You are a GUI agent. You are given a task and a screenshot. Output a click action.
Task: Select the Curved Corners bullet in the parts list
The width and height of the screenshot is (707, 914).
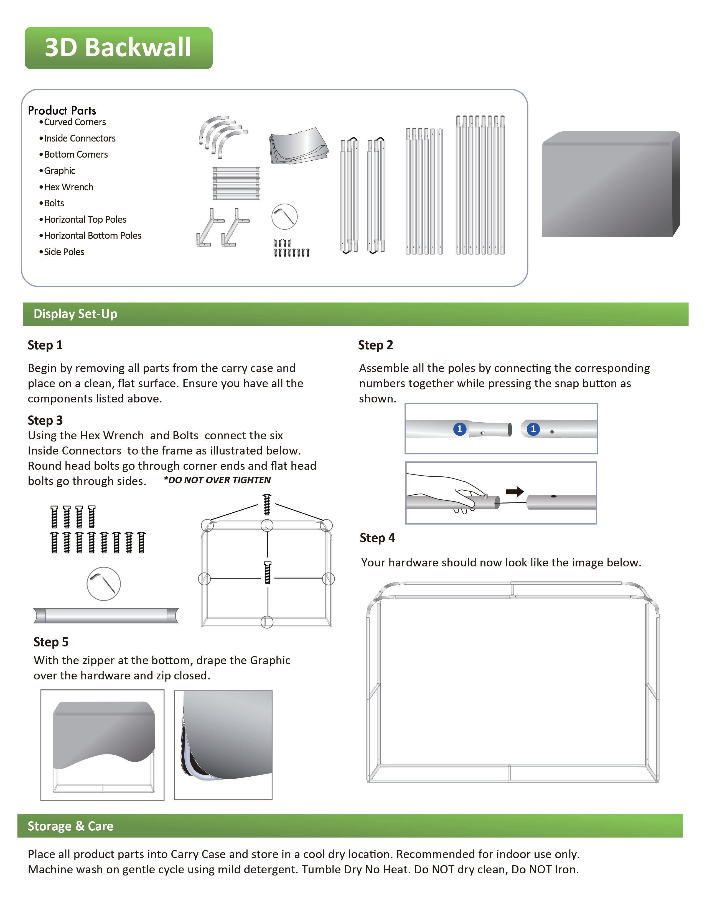click(75, 122)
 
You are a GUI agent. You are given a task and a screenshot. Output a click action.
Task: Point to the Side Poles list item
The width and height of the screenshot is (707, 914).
click(64, 252)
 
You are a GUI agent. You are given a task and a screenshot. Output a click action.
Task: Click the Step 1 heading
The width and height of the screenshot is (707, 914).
click(45, 345)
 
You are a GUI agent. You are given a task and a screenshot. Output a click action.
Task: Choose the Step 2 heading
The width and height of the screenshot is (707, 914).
click(375, 345)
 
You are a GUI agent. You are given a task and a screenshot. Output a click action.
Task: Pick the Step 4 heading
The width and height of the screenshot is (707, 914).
click(377, 538)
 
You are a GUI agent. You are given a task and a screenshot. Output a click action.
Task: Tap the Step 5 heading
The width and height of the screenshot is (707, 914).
click(51, 642)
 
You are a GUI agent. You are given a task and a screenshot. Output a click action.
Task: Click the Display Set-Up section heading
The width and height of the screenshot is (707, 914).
click(75, 314)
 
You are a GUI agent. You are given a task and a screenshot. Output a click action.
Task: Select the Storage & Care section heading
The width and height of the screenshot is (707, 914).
click(70, 826)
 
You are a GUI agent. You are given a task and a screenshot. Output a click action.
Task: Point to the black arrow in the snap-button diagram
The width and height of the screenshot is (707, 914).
click(515, 491)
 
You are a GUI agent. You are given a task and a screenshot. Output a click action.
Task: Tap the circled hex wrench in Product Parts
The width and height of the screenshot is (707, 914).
click(284, 217)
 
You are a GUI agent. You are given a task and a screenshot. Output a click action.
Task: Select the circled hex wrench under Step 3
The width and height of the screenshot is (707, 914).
click(103, 584)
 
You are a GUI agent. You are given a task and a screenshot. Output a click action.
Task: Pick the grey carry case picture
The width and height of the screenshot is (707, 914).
click(610, 184)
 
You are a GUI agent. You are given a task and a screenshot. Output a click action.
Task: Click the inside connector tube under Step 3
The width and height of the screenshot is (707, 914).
click(106, 616)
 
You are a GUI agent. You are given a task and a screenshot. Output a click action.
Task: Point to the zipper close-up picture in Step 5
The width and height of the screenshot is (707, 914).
click(223, 745)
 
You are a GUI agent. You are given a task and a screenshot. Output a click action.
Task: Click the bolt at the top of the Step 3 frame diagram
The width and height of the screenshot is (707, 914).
click(267, 504)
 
